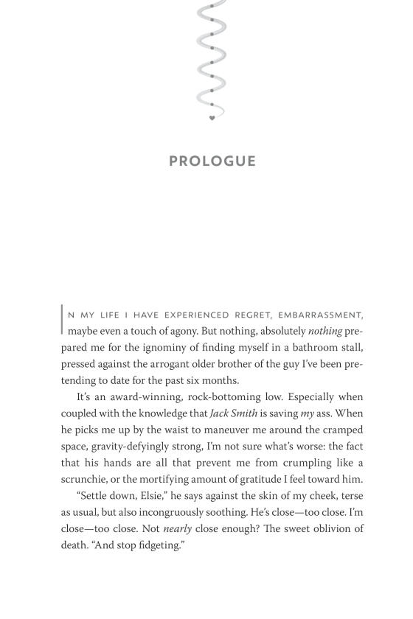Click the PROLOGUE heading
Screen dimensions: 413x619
pos(212,161)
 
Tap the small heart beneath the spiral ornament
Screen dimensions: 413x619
pos(212,118)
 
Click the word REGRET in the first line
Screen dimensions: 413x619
pos(249,315)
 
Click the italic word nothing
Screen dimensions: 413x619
pos(325,331)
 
